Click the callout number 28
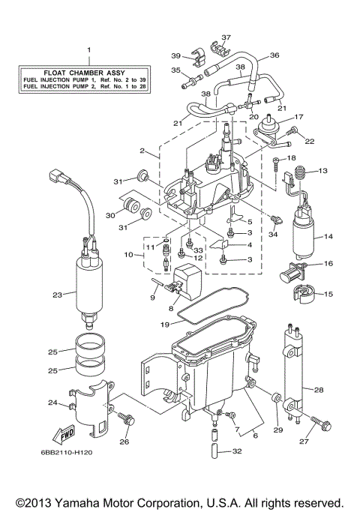click(x=319, y=390)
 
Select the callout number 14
click(x=327, y=237)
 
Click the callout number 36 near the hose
click(x=274, y=55)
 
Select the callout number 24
click(x=52, y=403)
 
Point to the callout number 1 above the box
click(x=88, y=50)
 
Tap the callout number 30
click(x=110, y=214)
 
